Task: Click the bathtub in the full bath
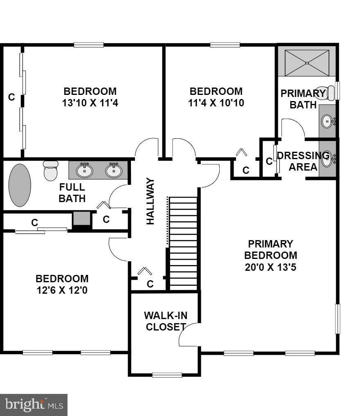pyautogui.click(x=20, y=185)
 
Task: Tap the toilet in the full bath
pyautogui.click(x=51, y=171)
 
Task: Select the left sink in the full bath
pyautogui.click(x=84, y=170)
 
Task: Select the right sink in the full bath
pyautogui.click(x=113, y=170)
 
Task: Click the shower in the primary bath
pyautogui.click(x=307, y=63)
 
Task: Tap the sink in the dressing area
pyautogui.click(x=327, y=159)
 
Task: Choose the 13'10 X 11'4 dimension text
pyautogui.click(x=90, y=103)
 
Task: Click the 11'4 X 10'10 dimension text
pyautogui.click(x=216, y=103)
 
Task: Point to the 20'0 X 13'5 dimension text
pyautogui.click(x=270, y=267)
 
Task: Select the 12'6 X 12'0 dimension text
pyautogui.click(x=62, y=290)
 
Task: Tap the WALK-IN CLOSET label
pyautogui.click(x=165, y=321)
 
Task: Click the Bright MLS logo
pyautogui.click(x=34, y=405)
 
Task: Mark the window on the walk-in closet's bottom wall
pyautogui.click(x=167, y=374)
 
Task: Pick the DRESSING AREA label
pyautogui.click(x=303, y=161)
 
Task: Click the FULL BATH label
pyautogui.click(x=72, y=193)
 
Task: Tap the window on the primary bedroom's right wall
pyautogui.click(x=338, y=319)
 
